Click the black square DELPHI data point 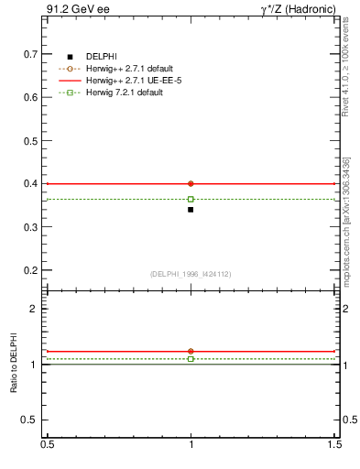coord(191,210)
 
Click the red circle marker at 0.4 coord(191,183)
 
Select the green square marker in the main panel coord(191,199)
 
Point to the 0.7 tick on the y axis coord(32,54)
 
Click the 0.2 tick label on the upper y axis coord(32,271)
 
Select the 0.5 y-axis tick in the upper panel coord(32,141)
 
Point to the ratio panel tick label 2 coord(35,309)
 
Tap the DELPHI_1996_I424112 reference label coord(191,274)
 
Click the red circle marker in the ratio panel coord(191,351)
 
